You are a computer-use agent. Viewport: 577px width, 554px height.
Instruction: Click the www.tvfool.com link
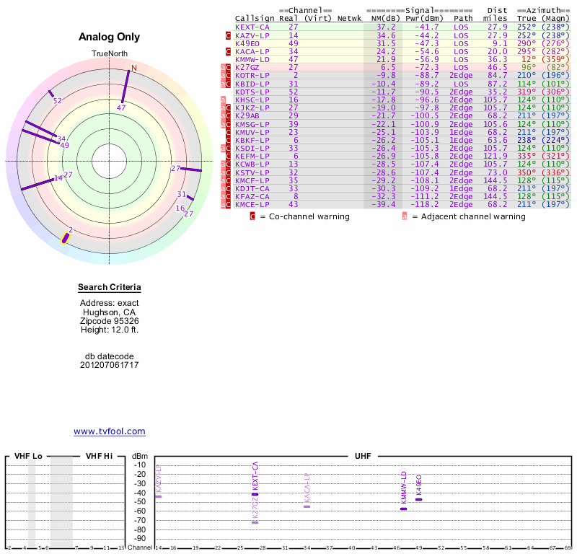click(110, 431)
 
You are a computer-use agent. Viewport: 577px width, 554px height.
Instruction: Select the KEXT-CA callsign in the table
click(252, 27)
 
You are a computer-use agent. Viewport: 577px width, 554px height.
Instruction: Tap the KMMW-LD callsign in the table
click(252, 59)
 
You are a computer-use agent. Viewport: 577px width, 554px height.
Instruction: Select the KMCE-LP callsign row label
click(252, 204)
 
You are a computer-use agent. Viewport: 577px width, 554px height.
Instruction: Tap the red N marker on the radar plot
click(133, 69)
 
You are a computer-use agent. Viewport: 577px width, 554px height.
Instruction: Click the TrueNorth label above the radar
click(109, 54)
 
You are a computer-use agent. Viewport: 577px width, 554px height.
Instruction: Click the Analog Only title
click(109, 37)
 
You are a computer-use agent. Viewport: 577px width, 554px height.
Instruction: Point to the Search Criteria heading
click(110, 288)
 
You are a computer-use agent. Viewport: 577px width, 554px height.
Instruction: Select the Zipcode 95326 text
click(110, 321)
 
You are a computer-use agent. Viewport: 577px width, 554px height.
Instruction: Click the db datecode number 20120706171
click(110, 364)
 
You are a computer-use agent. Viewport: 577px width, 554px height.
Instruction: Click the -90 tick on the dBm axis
click(140, 538)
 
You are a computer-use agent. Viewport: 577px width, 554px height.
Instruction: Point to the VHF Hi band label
click(100, 456)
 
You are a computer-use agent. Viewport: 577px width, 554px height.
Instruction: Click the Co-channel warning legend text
click(305, 216)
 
